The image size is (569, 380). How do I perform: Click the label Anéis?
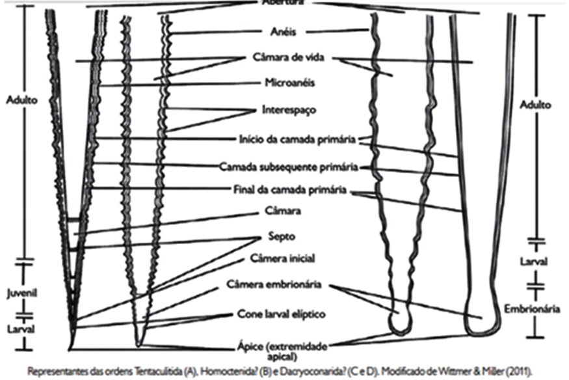click(x=285, y=32)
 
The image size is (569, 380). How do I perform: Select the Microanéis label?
click(x=286, y=83)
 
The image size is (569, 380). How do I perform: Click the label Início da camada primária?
click(x=296, y=139)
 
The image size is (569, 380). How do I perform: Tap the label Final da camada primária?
click(x=294, y=191)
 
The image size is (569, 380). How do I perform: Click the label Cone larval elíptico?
click(x=280, y=314)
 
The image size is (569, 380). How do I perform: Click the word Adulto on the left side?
click(x=21, y=100)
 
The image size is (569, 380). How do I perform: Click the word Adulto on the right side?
click(x=536, y=105)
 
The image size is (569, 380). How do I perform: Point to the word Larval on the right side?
click(x=535, y=262)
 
